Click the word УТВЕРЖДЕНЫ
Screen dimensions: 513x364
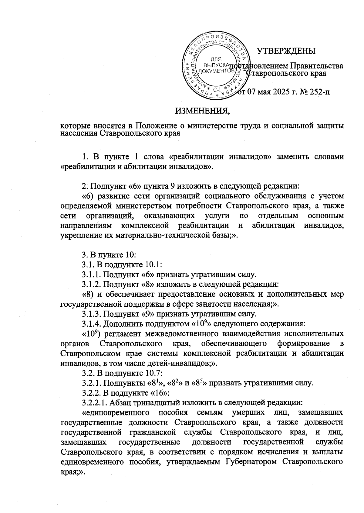point(286,51)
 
